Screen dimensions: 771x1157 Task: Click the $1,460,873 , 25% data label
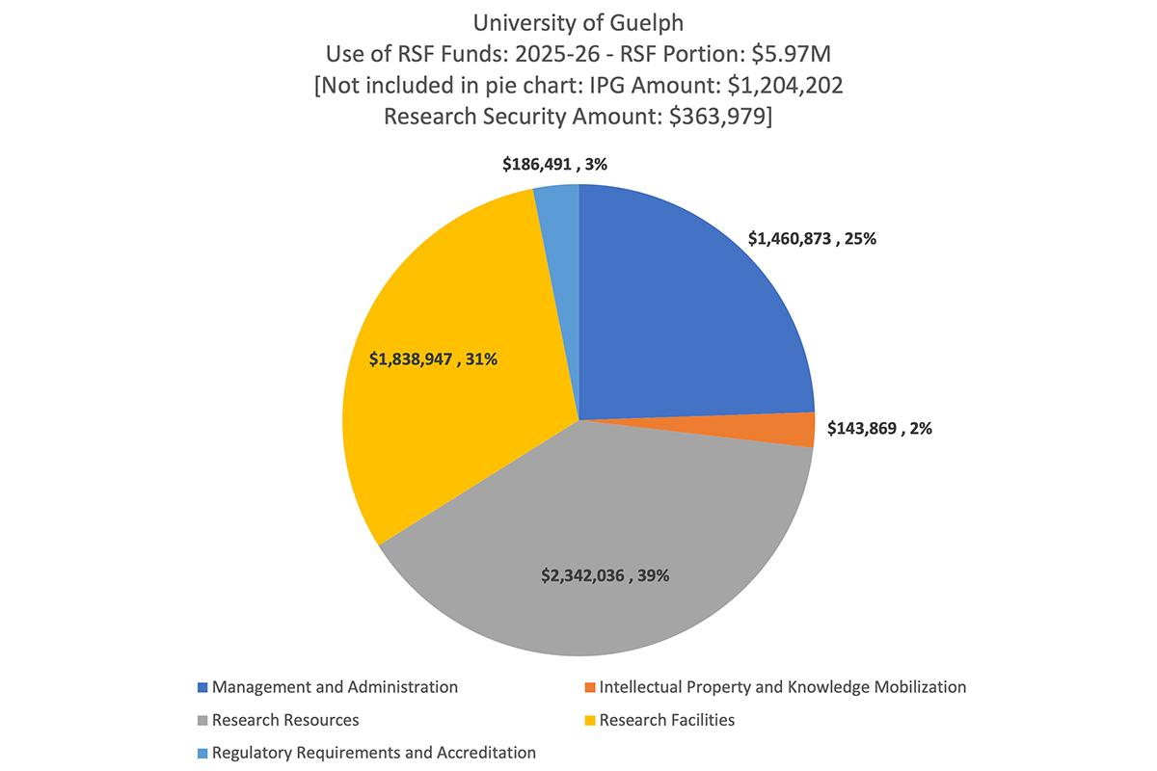pos(812,239)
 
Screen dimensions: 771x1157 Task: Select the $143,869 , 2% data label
pos(878,428)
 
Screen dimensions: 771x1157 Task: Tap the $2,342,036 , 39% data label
pos(605,576)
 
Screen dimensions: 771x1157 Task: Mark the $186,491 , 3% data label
pos(554,165)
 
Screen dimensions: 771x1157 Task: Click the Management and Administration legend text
pos(335,687)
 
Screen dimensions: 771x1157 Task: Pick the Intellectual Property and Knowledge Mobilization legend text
pos(782,687)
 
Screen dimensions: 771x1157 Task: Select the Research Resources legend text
pos(285,720)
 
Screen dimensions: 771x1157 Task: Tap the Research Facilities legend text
pos(666,720)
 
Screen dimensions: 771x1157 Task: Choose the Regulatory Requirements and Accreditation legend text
pos(373,753)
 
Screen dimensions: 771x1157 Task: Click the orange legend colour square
pos(589,688)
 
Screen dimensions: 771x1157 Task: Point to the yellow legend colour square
pos(589,720)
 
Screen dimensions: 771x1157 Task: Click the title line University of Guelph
pos(578,21)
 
